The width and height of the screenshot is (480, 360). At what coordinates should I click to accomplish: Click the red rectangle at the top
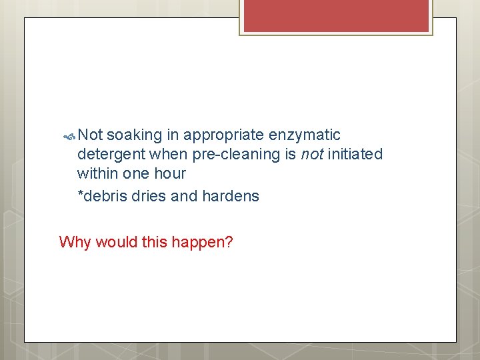tap(336, 15)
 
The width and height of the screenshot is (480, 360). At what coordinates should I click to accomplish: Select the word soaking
tap(134, 135)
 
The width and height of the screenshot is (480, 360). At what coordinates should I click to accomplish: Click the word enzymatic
tap(305, 135)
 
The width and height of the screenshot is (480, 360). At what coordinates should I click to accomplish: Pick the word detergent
tap(111, 155)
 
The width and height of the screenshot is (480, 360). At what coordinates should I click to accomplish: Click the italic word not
tap(311, 155)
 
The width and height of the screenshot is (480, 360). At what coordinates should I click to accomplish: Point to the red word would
tap(116, 242)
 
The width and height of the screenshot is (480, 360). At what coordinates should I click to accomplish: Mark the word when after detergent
tap(169, 155)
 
